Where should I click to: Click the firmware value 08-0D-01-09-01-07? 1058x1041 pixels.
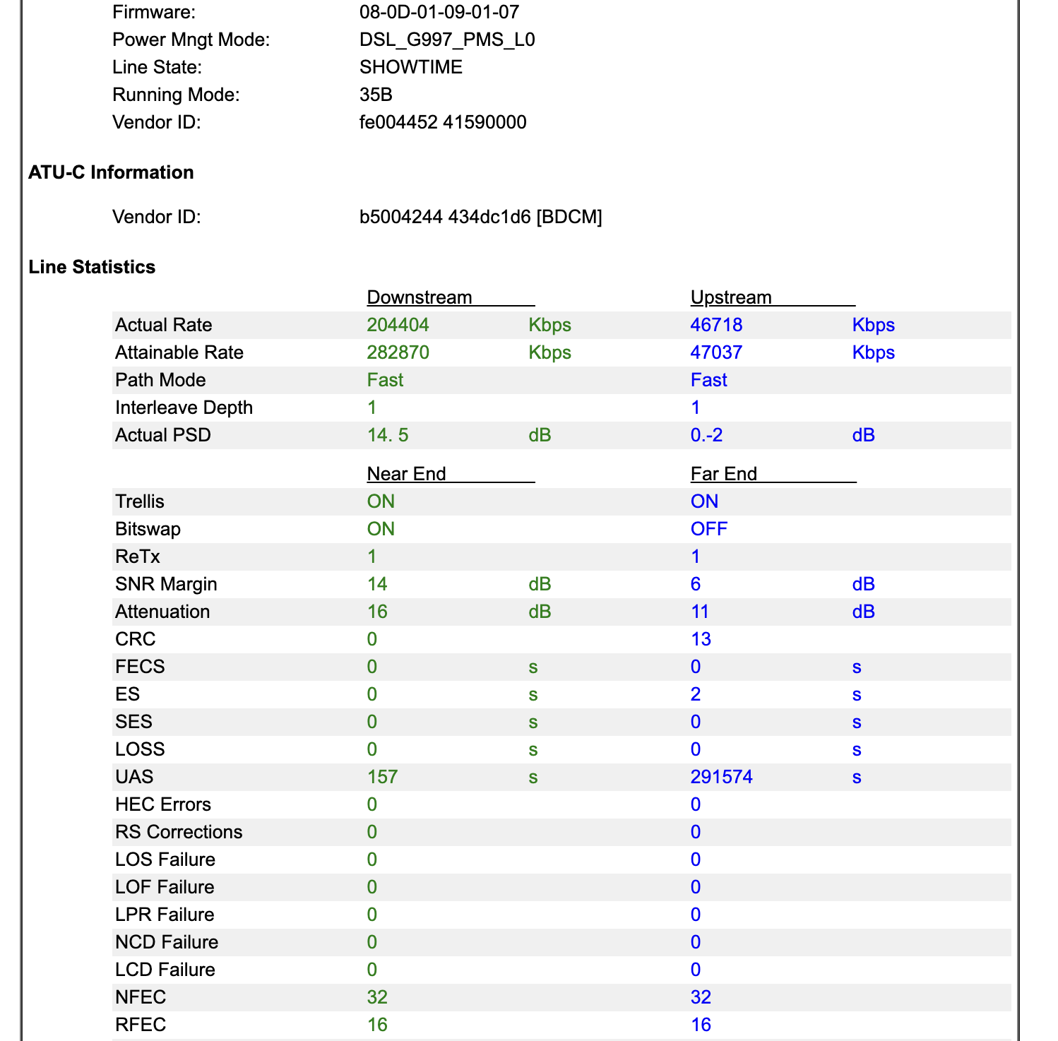click(x=439, y=12)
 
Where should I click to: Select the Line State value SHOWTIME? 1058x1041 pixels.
click(x=411, y=67)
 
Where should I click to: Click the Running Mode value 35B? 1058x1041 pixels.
click(x=376, y=95)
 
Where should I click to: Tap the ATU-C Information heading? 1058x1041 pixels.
click(x=111, y=172)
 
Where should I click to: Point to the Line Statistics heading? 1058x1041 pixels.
click(x=92, y=267)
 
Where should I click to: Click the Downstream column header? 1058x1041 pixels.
click(x=420, y=297)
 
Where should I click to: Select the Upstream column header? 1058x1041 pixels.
click(x=731, y=297)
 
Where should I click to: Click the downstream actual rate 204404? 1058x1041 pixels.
click(x=398, y=325)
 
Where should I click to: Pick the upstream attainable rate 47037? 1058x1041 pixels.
click(x=716, y=352)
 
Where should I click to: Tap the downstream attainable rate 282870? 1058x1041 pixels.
click(x=398, y=352)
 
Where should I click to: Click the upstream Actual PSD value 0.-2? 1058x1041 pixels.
click(x=706, y=435)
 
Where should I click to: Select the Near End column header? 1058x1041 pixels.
click(x=407, y=474)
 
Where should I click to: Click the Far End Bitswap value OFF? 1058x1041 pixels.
click(x=709, y=529)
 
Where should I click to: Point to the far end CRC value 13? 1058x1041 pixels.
click(x=701, y=639)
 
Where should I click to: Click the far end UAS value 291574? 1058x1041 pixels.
click(x=722, y=777)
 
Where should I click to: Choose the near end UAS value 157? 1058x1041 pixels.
click(x=383, y=777)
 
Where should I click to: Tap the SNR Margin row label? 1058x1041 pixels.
click(x=166, y=584)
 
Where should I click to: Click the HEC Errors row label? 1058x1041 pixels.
click(x=163, y=804)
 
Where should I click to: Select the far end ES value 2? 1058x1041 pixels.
click(x=696, y=694)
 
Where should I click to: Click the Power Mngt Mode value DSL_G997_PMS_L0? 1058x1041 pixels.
click(x=447, y=40)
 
